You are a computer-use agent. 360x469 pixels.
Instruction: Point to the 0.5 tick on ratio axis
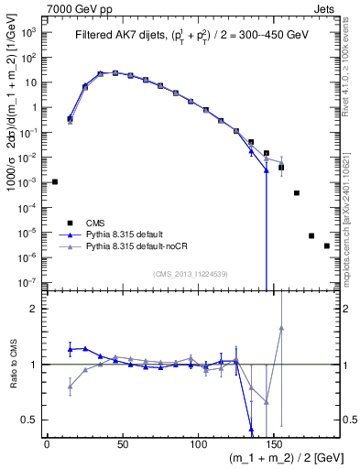coord(32,420)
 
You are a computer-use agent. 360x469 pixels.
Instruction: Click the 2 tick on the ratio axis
coord(35,309)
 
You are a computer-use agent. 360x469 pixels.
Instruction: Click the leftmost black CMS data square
coord(55,181)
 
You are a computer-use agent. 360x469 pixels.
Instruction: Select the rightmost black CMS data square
coord(327,245)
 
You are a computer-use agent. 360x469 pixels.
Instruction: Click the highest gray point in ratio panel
coord(281,328)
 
